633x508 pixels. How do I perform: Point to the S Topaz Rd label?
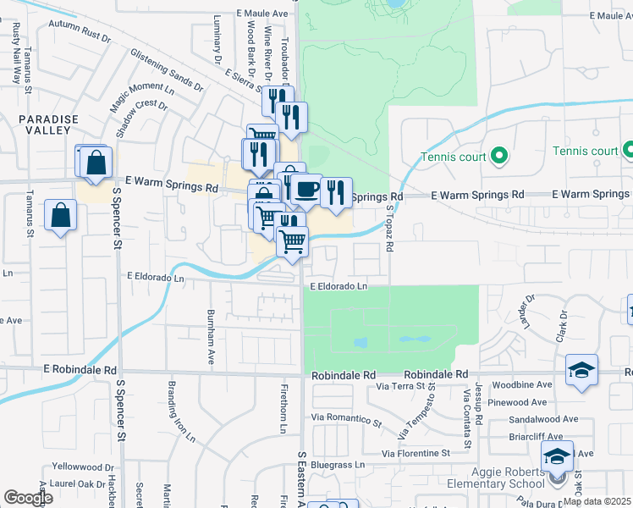[390, 229]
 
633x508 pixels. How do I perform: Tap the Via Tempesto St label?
[430, 407]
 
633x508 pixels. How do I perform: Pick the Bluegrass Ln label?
[337, 465]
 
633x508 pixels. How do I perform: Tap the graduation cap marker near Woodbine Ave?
[581, 370]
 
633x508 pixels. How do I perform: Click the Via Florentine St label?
[416, 454]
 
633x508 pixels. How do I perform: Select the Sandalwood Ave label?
[544, 419]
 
